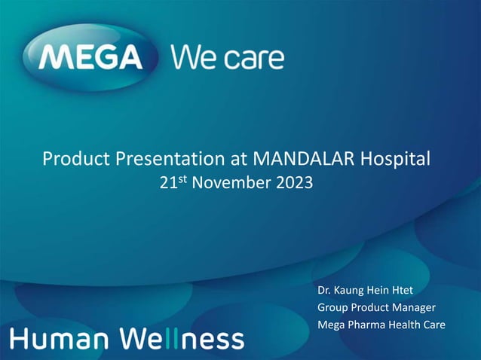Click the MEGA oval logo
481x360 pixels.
[91, 58]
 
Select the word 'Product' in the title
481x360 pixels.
[73, 159]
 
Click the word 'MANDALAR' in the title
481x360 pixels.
[305, 159]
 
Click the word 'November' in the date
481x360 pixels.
[230, 182]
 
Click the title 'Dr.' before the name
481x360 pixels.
[326, 289]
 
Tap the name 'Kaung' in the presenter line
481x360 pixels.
[355, 289]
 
